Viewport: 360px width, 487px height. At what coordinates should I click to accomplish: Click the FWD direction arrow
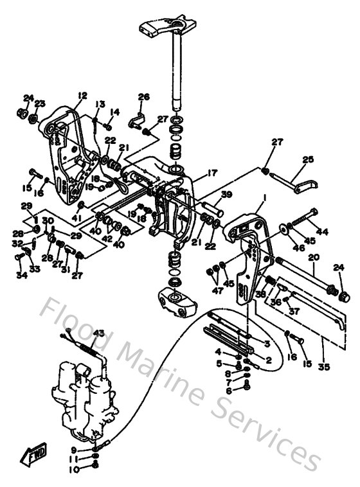(33, 457)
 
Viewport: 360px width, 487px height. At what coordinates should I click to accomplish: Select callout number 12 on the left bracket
(82, 96)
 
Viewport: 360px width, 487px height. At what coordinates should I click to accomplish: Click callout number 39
(227, 195)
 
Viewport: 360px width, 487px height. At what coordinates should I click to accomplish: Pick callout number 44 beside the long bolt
(321, 231)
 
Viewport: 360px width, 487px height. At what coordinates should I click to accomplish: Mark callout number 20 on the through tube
(314, 257)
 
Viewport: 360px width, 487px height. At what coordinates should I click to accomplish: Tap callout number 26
(143, 97)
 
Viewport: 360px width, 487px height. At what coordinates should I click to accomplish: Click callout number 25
(308, 159)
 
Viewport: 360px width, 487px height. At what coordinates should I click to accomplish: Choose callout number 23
(40, 103)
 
